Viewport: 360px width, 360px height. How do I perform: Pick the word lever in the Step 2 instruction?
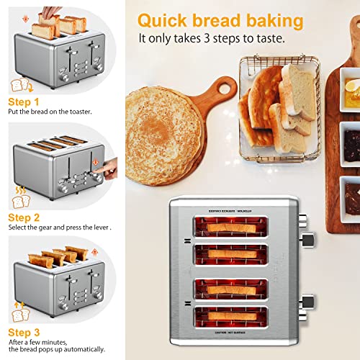point(102,227)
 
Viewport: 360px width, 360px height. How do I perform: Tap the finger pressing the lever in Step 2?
point(109,170)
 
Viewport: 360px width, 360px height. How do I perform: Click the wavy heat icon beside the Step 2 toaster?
point(17,186)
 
